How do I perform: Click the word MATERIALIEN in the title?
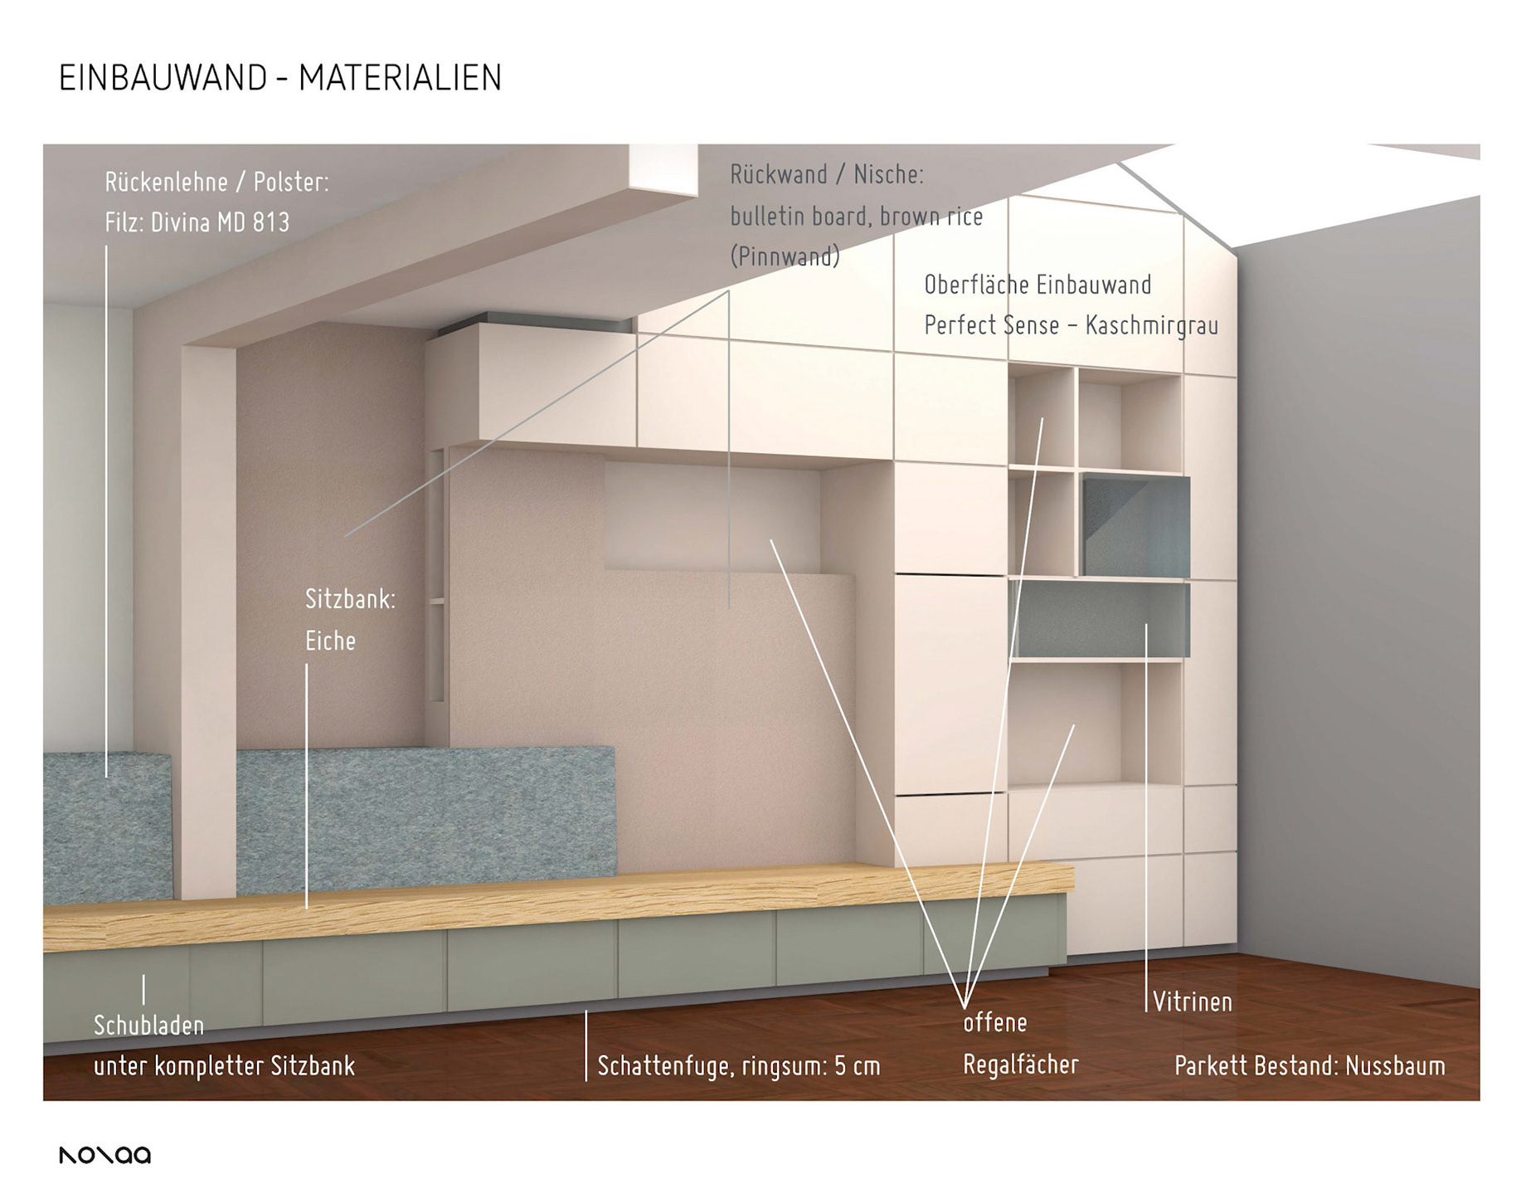pyautogui.click(x=400, y=78)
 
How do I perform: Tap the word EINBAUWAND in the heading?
pyautogui.click(x=163, y=78)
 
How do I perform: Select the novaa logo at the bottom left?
pyautogui.click(x=104, y=1155)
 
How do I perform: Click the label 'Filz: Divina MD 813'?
pyautogui.click(x=197, y=222)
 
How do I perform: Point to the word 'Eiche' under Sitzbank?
pyautogui.click(x=330, y=641)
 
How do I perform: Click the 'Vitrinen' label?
pyautogui.click(x=1192, y=1002)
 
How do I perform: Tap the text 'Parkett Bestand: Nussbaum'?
pyautogui.click(x=1310, y=1066)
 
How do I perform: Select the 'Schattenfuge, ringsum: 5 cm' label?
pyautogui.click(x=738, y=1066)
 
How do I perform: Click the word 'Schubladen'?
pyautogui.click(x=148, y=1026)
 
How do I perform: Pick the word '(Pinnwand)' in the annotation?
pyautogui.click(x=785, y=256)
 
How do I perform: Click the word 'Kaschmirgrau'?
pyautogui.click(x=1152, y=325)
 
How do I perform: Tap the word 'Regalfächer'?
pyautogui.click(x=1020, y=1065)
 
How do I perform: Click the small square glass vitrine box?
pyautogui.click(x=1135, y=526)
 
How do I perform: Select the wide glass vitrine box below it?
pyautogui.click(x=1100, y=620)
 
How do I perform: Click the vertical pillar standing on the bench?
pyautogui.click(x=208, y=622)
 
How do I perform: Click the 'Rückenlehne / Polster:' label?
pyautogui.click(x=216, y=182)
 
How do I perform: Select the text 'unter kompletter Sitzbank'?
pyautogui.click(x=224, y=1066)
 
